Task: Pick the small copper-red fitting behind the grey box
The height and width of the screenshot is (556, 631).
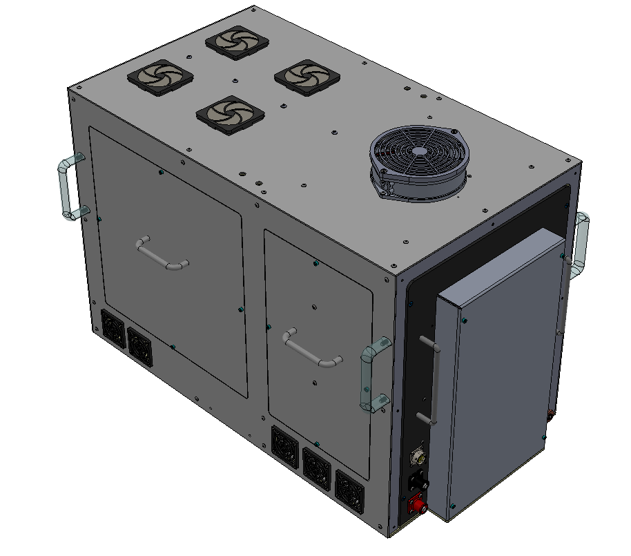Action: point(550,414)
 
